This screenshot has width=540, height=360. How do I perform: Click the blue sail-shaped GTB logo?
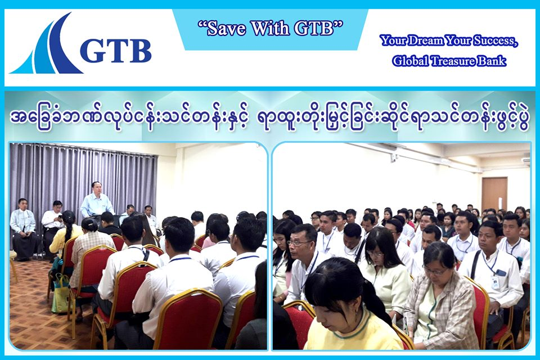pyautogui.click(x=52, y=48)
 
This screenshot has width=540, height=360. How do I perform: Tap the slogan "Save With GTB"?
pyautogui.click(x=271, y=29)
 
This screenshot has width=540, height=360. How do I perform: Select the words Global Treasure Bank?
pyautogui.click(x=449, y=61)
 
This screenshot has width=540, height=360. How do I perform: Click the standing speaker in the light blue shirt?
pyautogui.click(x=97, y=201)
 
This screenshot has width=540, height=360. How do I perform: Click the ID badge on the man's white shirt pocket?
pyautogui.click(x=495, y=282)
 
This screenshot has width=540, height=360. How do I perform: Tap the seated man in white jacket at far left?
pyautogui.click(x=23, y=229)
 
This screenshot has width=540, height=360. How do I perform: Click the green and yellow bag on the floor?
pyautogui.click(x=61, y=293)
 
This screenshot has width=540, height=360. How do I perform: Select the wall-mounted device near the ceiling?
pyautogui.click(x=394, y=157)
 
